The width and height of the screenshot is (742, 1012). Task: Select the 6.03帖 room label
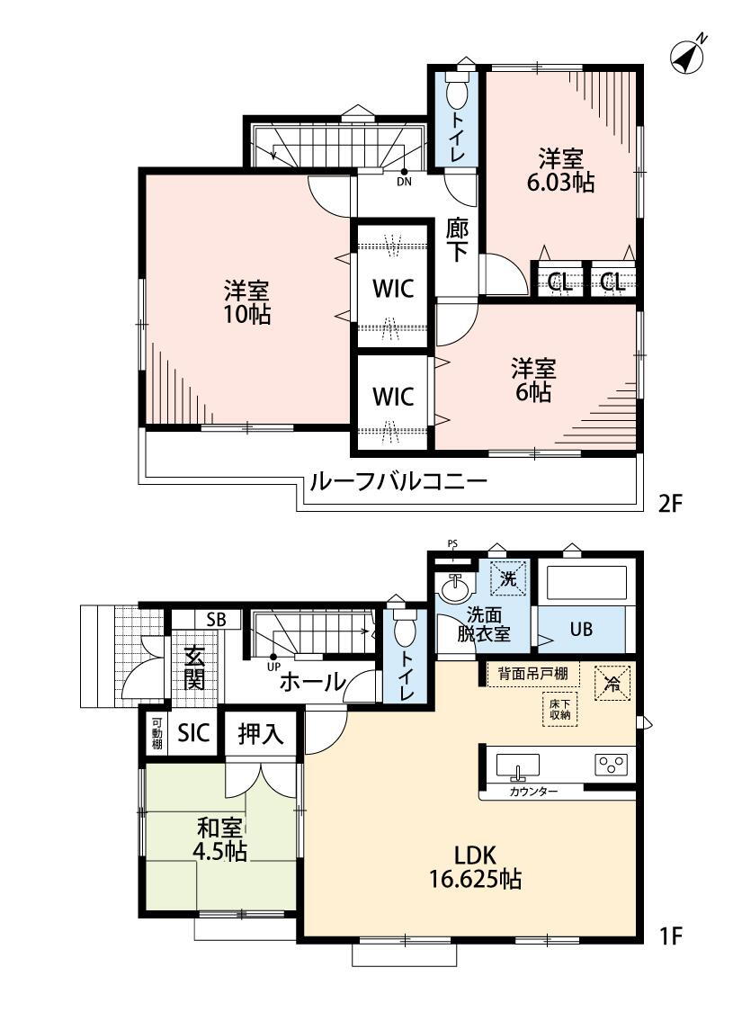pyautogui.click(x=560, y=170)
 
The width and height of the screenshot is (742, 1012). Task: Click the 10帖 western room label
pyautogui.click(x=247, y=302)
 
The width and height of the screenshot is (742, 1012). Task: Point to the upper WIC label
pyautogui.click(x=393, y=289)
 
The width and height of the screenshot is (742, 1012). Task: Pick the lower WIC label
pyautogui.click(x=393, y=397)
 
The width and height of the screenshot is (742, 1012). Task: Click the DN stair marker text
pyautogui.click(x=404, y=182)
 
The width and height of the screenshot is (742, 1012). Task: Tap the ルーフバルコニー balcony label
pyautogui.click(x=398, y=481)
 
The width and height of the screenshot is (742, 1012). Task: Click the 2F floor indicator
pyautogui.click(x=670, y=504)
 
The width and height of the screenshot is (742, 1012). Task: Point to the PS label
pyautogui.click(x=452, y=542)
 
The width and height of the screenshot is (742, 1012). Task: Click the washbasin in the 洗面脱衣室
pyautogui.click(x=456, y=588)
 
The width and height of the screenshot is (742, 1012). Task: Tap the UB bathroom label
pyautogui.click(x=581, y=628)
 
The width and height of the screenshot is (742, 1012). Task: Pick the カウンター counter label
pyautogui.click(x=533, y=792)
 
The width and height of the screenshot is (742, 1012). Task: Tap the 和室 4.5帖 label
pyautogui.click(x=220, y=839)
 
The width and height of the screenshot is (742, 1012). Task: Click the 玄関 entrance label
pyautogui.click(x=194, y=668)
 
